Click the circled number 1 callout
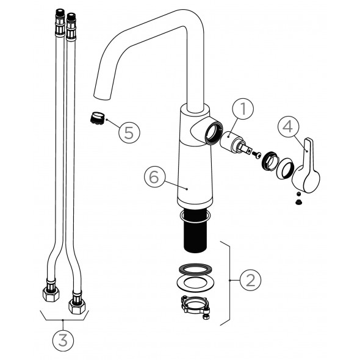tap(243, 109)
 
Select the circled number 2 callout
tap(251, 280)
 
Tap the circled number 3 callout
tap(63, 340)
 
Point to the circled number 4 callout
tap(288, 126)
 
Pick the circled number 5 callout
tap(129, 132)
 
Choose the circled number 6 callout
tap(154, 176)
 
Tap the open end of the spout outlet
tap(102, 96)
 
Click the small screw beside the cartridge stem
tap(256, 154)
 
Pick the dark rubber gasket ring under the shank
tap(195, 269)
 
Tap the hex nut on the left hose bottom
tap(51, 294)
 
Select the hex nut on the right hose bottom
tap(77, 306)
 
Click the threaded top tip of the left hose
tap(60, 11)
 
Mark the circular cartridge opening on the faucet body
tap(214, 133)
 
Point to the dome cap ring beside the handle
tap(286, 168)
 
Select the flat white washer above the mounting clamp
tap(195, 283)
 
